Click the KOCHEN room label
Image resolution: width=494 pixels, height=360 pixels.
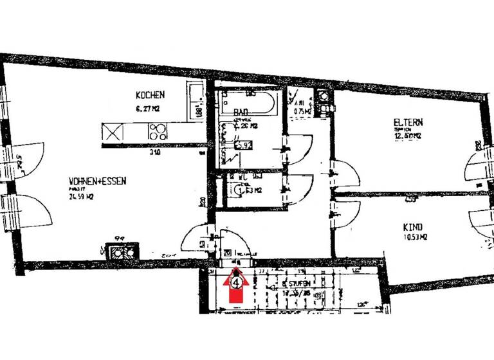point(150,95)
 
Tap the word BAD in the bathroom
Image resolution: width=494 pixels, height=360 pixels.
point(241,112)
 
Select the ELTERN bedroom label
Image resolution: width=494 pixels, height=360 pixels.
point(408,122)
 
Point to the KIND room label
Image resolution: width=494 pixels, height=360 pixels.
point(412,228)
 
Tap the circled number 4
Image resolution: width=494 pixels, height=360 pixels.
point(237,281)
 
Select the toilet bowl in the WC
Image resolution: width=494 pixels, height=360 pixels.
point(239,190)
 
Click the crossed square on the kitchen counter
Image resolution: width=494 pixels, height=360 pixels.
point(113,132)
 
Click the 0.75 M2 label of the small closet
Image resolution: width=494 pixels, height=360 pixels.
point(302,111)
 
